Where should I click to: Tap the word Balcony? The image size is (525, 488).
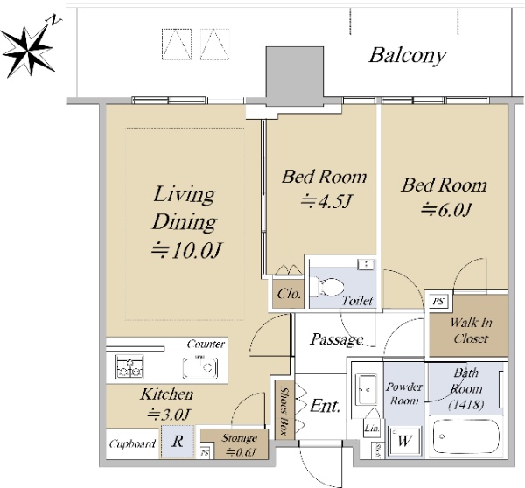[408, 56]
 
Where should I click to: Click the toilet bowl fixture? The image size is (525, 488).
[327, 287]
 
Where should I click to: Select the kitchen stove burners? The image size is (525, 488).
[129, 366]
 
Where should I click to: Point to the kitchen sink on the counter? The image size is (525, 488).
[201, 367]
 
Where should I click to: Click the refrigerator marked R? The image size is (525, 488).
[178, 442]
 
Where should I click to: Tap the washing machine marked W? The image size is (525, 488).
[404, 441]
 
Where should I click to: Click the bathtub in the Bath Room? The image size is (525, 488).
[466, 436]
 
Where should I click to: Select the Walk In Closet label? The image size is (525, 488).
[471, 331]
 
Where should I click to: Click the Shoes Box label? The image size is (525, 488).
[284, 411]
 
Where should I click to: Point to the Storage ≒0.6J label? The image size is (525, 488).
[240, 445]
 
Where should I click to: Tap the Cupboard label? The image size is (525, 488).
[133, 443]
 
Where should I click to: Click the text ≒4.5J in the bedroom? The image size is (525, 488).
[325, 202]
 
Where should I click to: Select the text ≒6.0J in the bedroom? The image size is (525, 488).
[446, 210]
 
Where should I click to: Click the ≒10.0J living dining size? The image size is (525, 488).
[186, 250]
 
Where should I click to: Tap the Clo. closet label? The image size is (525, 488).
[289, 294]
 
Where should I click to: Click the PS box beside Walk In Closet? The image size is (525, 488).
[438, 302]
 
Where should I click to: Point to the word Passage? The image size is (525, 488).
[337, 339]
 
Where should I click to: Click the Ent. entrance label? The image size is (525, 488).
[325, 406]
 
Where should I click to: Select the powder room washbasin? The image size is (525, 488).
[367, 389]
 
